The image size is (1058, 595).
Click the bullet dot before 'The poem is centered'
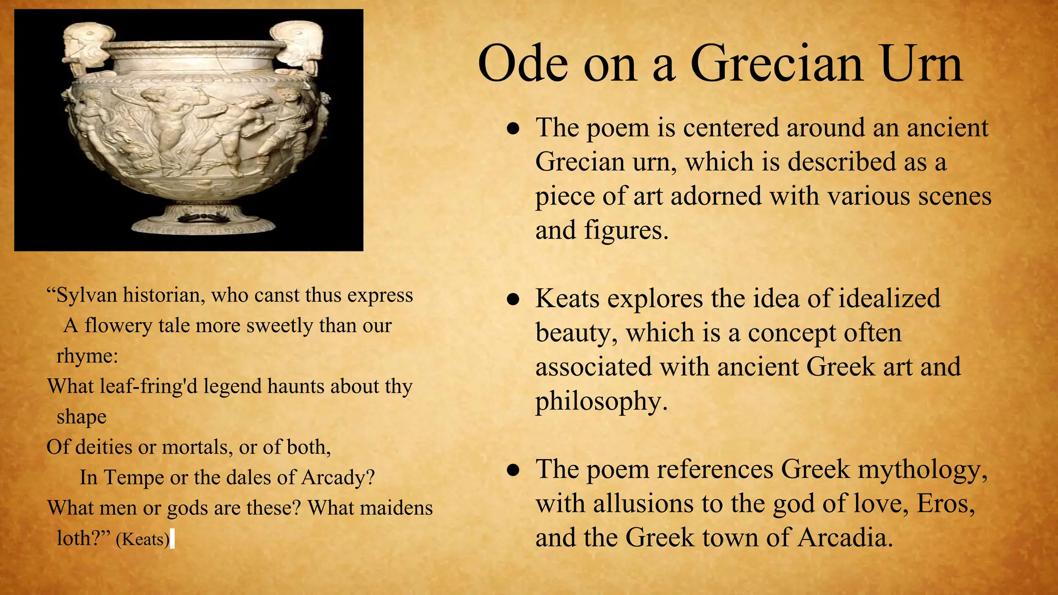click(x=512, y=129)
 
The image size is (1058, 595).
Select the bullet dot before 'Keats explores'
click(x=512, y=300)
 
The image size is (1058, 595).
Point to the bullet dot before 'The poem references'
click(x=512, y=471)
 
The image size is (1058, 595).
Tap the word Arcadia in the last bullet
click(x=845, y=537)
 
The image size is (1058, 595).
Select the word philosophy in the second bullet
click(x=601, y=401)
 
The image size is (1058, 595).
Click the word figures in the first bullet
click(x=626, y=230)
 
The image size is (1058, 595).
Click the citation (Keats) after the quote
click(x=143, y=540)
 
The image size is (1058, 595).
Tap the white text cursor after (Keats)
click(x=172, y=539)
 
